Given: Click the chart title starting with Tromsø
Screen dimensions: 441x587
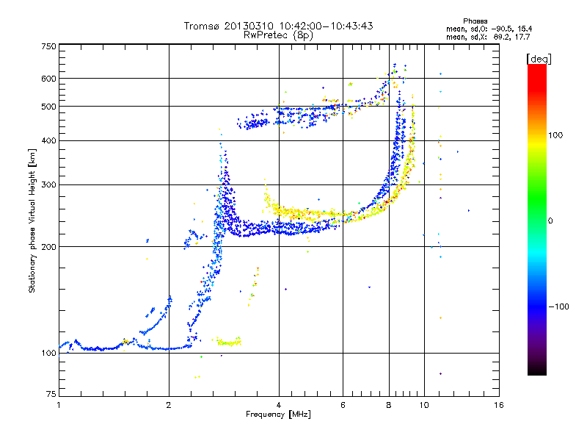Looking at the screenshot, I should (278, 26).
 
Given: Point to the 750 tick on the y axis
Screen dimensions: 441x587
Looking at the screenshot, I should (49, 46).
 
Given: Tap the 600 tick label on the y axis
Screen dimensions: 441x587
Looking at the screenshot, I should (49, 79).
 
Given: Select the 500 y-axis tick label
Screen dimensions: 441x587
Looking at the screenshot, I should (49, 107).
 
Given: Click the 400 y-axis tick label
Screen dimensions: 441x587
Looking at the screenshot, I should (49, 140).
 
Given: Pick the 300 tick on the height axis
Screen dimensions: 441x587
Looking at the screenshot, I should (49, 185).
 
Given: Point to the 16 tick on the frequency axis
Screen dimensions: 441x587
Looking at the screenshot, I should (498, 405).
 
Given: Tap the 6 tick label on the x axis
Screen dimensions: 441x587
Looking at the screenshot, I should (343, 405).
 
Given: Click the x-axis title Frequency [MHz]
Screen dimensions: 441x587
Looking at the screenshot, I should (278, 415).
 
